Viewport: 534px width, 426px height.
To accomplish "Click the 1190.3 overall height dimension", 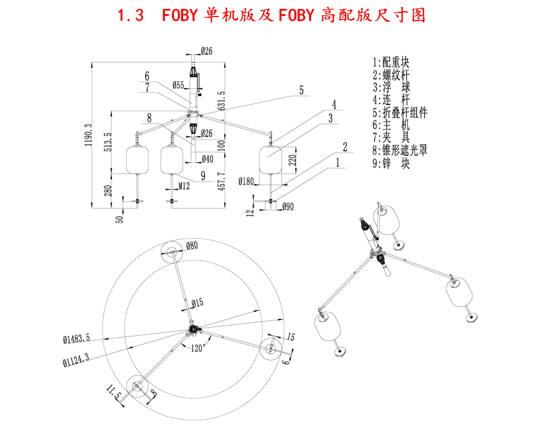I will coord(88,136).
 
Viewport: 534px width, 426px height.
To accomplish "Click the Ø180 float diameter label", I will coord(247,181).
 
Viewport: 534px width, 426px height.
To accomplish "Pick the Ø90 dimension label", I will coord(288,206).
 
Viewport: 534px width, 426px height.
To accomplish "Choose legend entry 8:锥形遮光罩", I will coord(400,150).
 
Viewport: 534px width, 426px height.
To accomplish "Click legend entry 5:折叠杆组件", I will coord(400,113).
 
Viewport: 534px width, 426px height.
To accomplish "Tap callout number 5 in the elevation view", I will coord(301,90).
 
